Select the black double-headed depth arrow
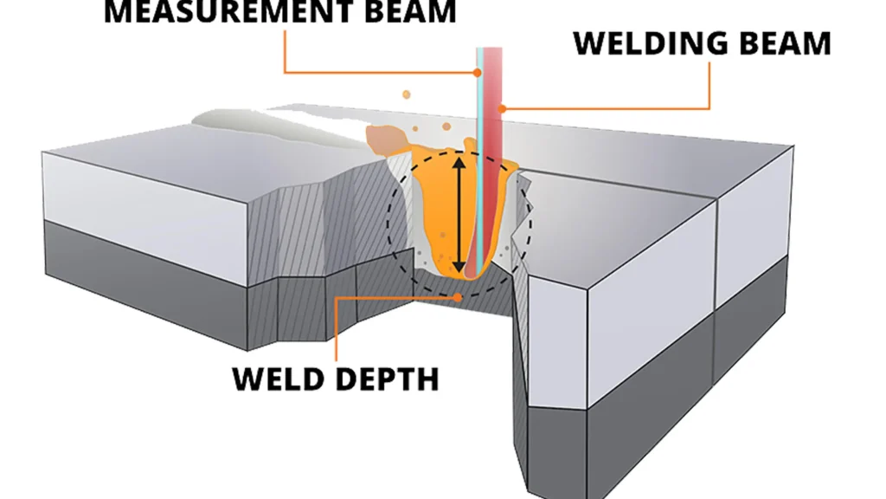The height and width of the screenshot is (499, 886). (x=460, y=212)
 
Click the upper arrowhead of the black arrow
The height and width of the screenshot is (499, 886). (x=460, y=160)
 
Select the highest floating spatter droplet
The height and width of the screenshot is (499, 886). (x=404, y=93)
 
